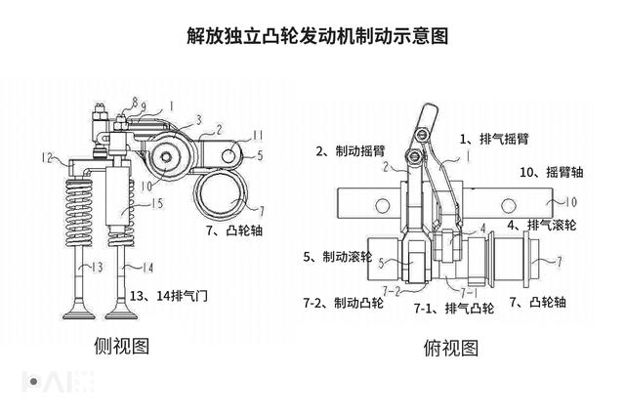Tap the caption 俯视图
point(450,347)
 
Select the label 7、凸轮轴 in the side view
point(236,230)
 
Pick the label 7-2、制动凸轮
point(343,304)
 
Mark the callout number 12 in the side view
point(46,156)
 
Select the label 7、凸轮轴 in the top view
point(561,303)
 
